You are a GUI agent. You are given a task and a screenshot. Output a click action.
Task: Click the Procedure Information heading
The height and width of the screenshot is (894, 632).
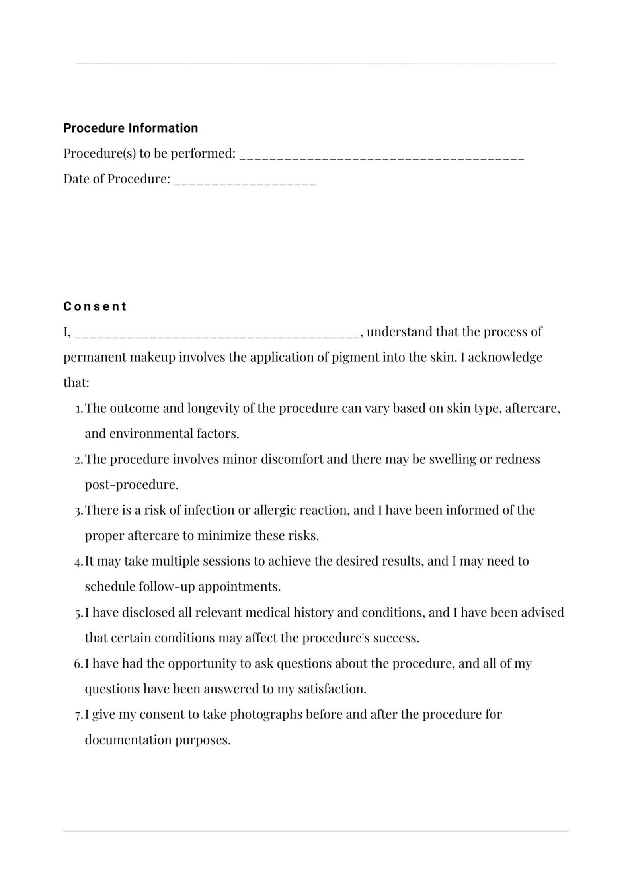coord(131,128)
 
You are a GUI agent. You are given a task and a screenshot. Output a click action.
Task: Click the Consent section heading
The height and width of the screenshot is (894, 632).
coord(95,306)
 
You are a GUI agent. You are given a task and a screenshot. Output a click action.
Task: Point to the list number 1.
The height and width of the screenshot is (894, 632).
coord(78,409)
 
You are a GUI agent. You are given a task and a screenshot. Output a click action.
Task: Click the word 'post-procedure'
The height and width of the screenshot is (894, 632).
coord(131,485)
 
